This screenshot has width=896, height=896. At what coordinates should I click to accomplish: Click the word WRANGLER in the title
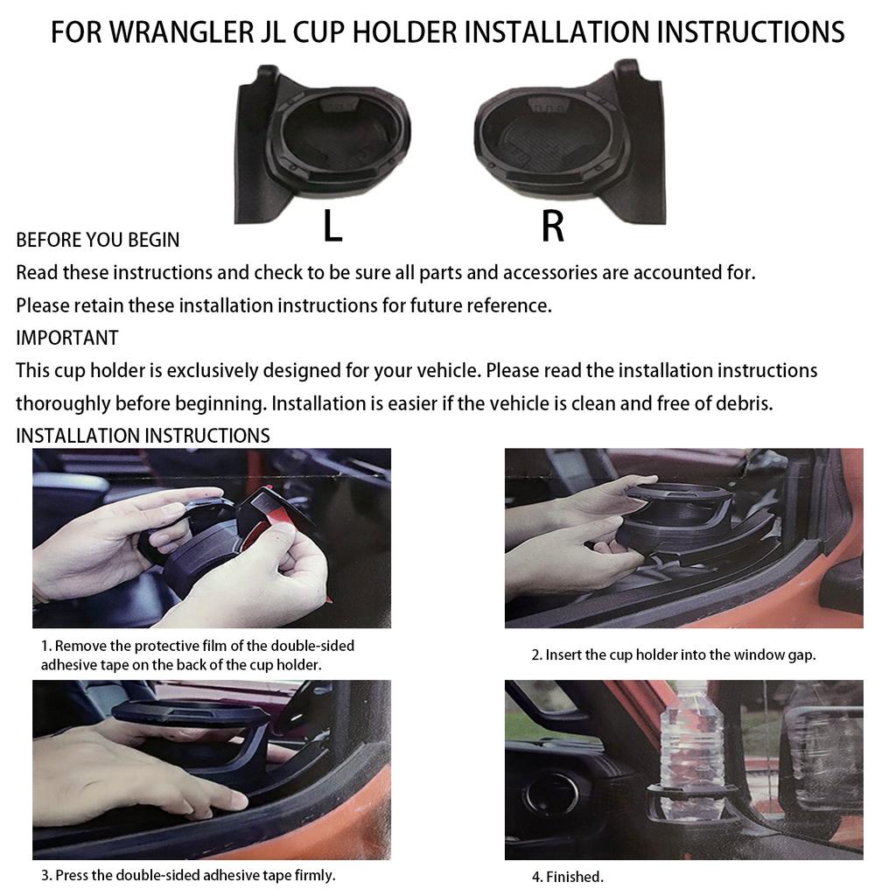(x=162, y=32)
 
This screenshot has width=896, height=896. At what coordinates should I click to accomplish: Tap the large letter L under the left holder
(x=332, y=227)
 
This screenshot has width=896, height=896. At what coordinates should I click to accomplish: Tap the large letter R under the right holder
(x=552, y=227)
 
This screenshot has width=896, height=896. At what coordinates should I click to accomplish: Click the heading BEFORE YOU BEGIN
(x=98, y=240)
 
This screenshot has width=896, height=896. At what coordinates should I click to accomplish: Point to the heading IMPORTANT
(x=67, y=338)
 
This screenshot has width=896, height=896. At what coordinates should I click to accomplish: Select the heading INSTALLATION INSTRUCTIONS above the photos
(x=143, y=436)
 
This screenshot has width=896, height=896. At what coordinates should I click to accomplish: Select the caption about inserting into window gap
(x=673, y=654)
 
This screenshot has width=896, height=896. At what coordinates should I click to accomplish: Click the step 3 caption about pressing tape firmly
(x=188, y=875)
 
